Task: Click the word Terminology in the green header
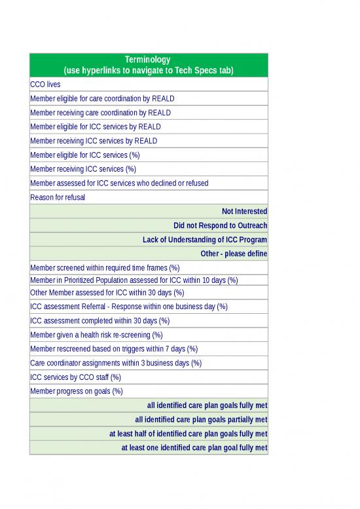148,60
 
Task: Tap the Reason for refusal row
58,197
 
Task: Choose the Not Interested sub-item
244,211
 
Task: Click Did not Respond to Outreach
220,225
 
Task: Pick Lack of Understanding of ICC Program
204,240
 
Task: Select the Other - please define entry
233,254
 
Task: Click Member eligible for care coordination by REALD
102,99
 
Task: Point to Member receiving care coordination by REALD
100,113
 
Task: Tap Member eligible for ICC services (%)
85,155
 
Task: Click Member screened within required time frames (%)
105,267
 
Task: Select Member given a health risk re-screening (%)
96,335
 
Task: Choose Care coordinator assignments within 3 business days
116,363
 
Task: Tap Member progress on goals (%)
77,392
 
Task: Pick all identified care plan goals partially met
200,419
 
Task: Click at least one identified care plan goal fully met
194,448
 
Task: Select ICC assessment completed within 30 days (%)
99,321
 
